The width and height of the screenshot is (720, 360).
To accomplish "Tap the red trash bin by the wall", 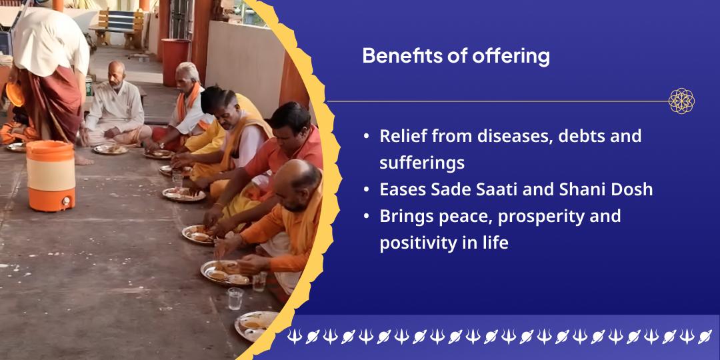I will (175, 62).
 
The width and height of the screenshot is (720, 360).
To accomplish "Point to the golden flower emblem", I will (681, 101).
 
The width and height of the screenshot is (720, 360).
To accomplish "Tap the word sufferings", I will (422, 163).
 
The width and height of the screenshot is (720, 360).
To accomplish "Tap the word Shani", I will (573, 189).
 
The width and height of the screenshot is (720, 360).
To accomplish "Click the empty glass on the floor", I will (235, 299).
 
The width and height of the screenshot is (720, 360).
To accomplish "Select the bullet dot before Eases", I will (367, 190).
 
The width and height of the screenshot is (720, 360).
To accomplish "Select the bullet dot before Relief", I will (367, 137).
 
